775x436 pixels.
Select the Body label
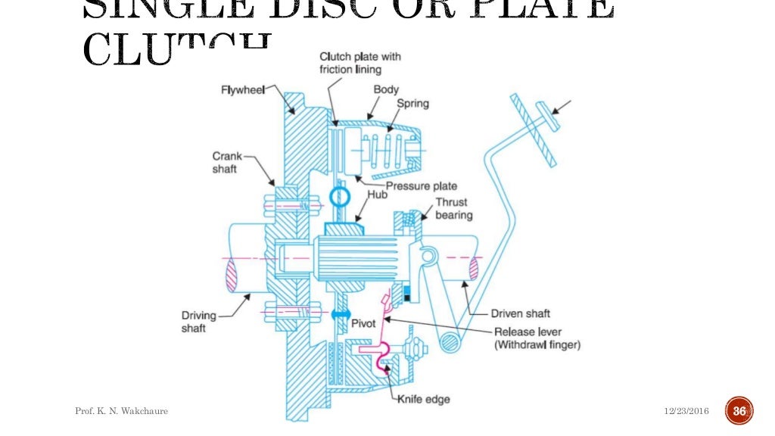pyautogui.click(x=385, y=89)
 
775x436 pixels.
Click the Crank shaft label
pyautogui.click(x=226, y=163)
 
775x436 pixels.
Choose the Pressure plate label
pyautogui.click(x=421, y=185)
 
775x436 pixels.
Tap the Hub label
pyautogui.click(x=377, y=195)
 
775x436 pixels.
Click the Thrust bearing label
pyautogui.click(x=453, y=209)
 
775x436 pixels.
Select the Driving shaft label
pyautogui.click(x=198, y=322)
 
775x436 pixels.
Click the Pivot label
pyautogui.click(x=363, y=324)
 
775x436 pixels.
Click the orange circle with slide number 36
pyautogui.click(x=739, y=411)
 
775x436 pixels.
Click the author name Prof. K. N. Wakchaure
pyautogui.click(x=121, y=411)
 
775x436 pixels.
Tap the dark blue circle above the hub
pyautogui.click(x=340, y=198)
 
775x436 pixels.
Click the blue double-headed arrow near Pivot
pyautogui.click(x=340, y=313)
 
